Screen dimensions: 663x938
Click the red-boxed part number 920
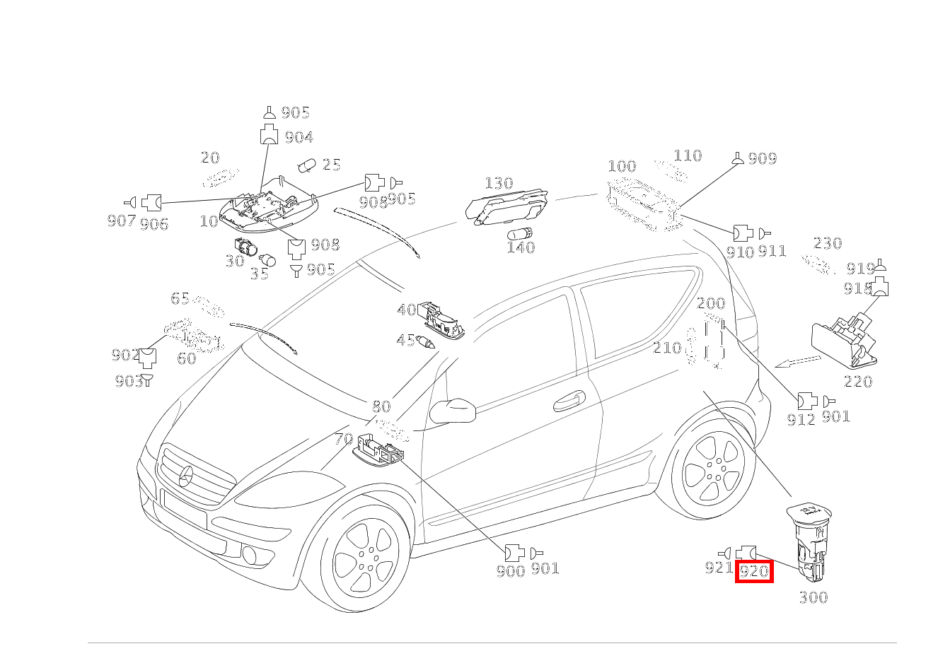point(754,571)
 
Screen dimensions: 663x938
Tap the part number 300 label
point(813,598)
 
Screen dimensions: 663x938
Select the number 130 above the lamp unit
point(498,184)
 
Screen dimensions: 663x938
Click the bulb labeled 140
point(521,234)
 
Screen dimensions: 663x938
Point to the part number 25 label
point(331,165)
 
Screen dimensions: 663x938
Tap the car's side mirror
point(452,409)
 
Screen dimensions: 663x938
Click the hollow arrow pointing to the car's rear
point(797,362)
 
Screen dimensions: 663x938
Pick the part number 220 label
point(857,382)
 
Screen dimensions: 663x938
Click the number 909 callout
point(762,159)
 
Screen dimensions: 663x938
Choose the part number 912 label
point(801,420)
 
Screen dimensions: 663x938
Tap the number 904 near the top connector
point(299,138)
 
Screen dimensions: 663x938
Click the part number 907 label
point(121,221)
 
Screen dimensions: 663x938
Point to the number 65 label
point(180,298)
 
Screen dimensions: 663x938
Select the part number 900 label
point(510,570)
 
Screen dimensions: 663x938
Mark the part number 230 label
point(827,244)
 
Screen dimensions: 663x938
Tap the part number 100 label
point(622,167)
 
